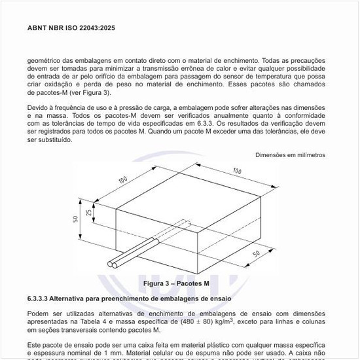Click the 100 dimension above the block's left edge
(x=122, y=179)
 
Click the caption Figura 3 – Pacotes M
(x=176, y=284)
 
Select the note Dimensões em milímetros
(x=290, y=155)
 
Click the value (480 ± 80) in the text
(x=199, y=322)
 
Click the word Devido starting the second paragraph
(x=39, y=107)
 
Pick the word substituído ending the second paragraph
(x=49, y=140)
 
